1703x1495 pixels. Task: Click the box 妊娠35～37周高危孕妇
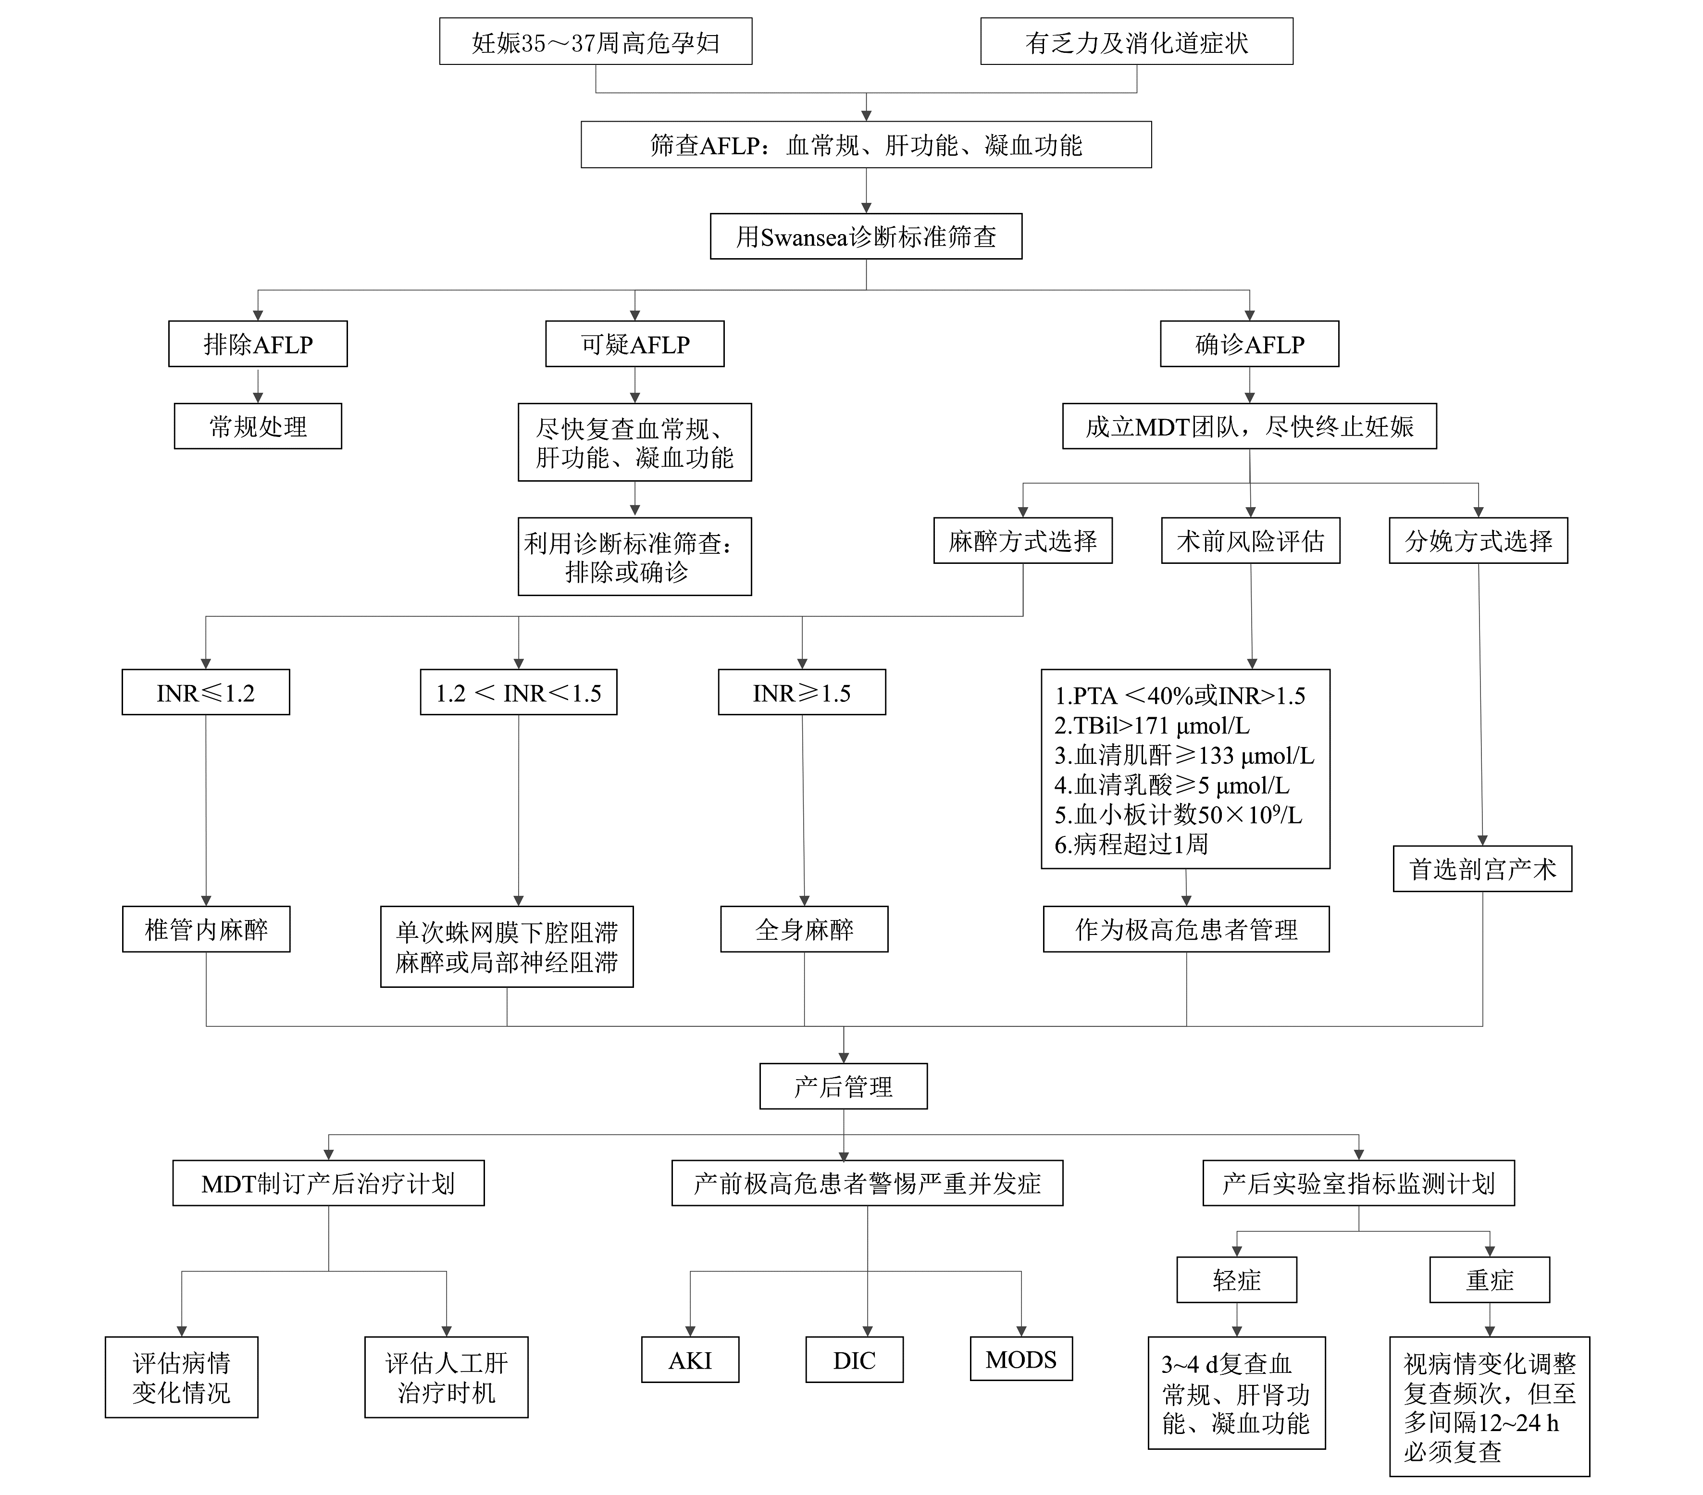[595, 42]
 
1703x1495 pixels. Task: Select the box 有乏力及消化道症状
[1136, 42]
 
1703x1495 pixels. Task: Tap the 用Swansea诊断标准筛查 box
[866, 237]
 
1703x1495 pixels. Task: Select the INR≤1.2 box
[206, 693]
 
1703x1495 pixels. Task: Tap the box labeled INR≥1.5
[801, 693]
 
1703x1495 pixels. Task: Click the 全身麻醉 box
[804, 929]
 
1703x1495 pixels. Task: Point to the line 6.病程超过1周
[1131, 844]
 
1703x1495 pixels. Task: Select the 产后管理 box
[843, 1086]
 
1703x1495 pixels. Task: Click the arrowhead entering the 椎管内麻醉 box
[206, 900]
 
